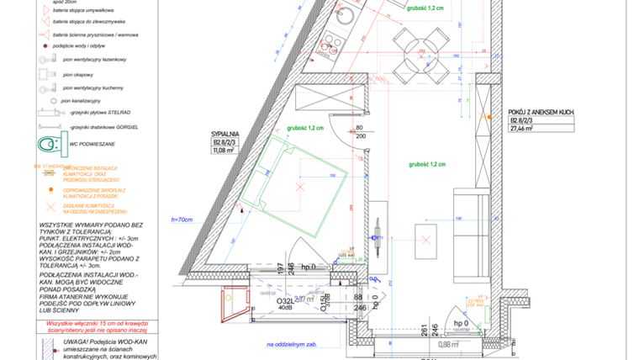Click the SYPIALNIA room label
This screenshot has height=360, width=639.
point(226,134)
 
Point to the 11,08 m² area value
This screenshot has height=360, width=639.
point(223,151)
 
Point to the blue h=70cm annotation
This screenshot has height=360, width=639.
point(182,220)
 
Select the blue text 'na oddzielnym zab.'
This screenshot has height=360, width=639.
point(292,344)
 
